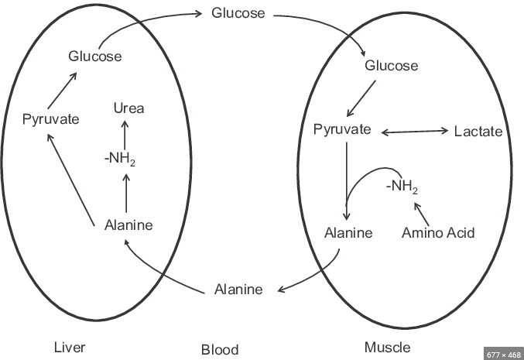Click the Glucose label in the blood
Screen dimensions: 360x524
click(238, 13)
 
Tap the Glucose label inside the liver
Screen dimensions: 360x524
click(94, 56)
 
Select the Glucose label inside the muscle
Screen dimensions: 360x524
click(391, 66)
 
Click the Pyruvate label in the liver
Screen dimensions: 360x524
click(51, 120)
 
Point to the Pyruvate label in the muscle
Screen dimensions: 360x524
click(342, 129)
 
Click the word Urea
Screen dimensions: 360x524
click(128, 108)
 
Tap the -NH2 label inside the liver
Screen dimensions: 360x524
click(124, 159)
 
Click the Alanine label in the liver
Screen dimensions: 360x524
click(128, 225)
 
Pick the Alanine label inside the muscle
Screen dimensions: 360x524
click(349, 232)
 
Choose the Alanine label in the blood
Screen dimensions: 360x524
click(238, 290)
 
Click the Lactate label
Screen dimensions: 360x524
click(478, 132)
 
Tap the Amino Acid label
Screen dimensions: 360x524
click(438, 232)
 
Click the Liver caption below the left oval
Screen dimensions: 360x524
click(71, 346)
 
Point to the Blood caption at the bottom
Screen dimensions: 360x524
click(220, 349)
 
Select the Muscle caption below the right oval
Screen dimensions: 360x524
click(387, 347)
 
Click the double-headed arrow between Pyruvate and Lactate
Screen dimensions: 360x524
click(415, 132)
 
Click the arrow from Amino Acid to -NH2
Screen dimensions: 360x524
click(422, 211)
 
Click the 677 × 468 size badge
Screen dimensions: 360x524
click(502, 354)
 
